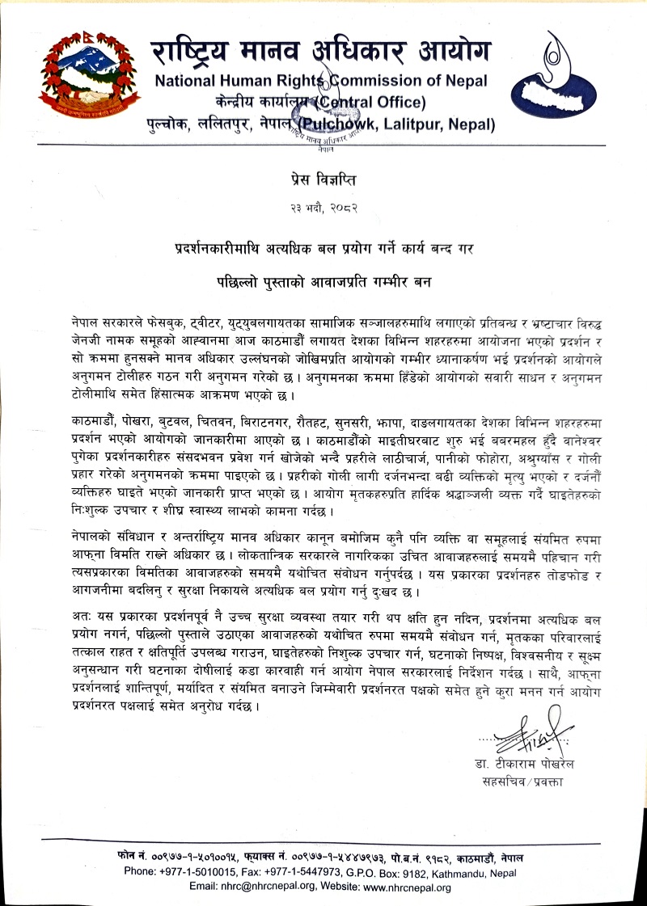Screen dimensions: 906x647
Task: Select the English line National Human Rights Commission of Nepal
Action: (x=321, y=82)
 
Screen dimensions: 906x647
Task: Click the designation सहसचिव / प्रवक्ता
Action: (x=526, y=782)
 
